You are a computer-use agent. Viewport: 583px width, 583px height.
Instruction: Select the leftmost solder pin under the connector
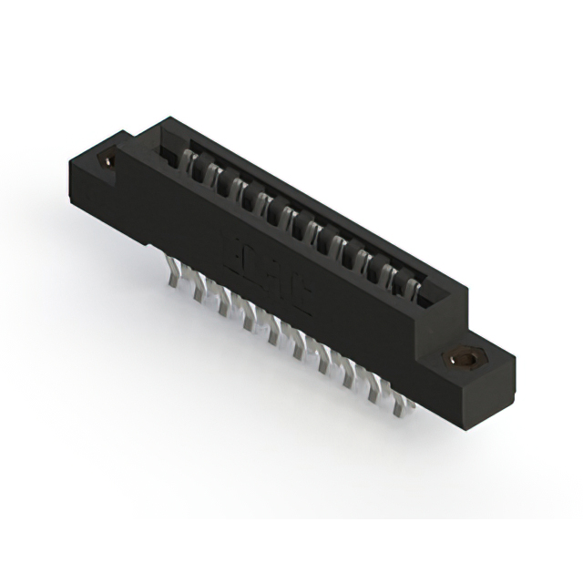(170, 275)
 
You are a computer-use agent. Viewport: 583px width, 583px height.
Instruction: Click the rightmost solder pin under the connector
(397, 406)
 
